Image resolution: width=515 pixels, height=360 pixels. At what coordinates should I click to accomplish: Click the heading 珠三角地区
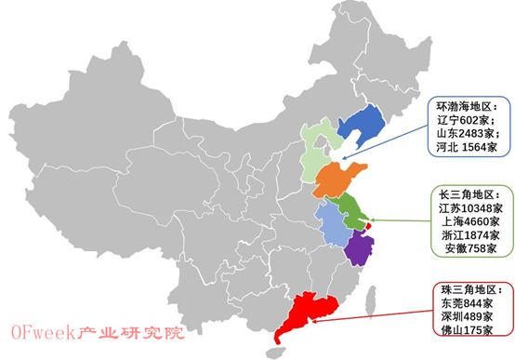469,289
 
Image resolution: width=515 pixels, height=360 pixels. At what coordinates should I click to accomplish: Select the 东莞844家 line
467,302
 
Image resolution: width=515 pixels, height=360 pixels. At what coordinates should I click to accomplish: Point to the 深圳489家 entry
467,315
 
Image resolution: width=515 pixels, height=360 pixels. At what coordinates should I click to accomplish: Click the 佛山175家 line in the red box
467,328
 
